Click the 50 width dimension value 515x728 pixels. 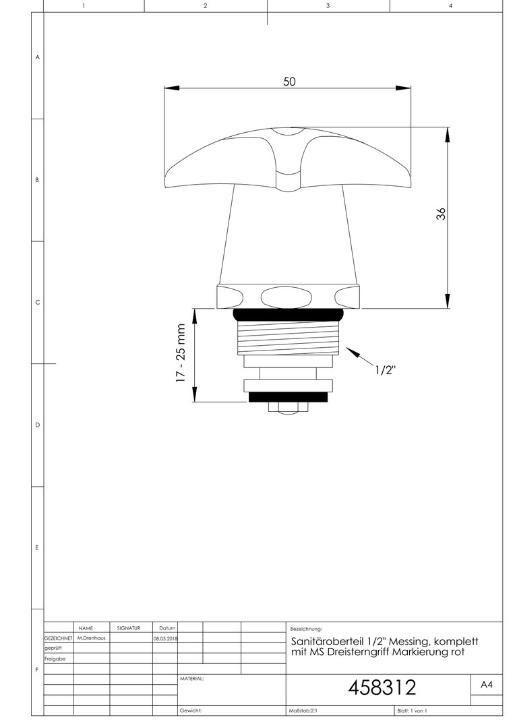[x=289, y=82]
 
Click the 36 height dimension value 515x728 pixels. [x=441, y=214]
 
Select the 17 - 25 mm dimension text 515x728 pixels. [x=181, y=353]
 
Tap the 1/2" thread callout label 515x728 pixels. [x=386, y=370]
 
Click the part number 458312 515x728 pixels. [x=382, y=688]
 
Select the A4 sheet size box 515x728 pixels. [x=486, y=684]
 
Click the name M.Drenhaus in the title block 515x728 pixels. [x=92, y=638]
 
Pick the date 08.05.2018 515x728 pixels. [x=165, y=638]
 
